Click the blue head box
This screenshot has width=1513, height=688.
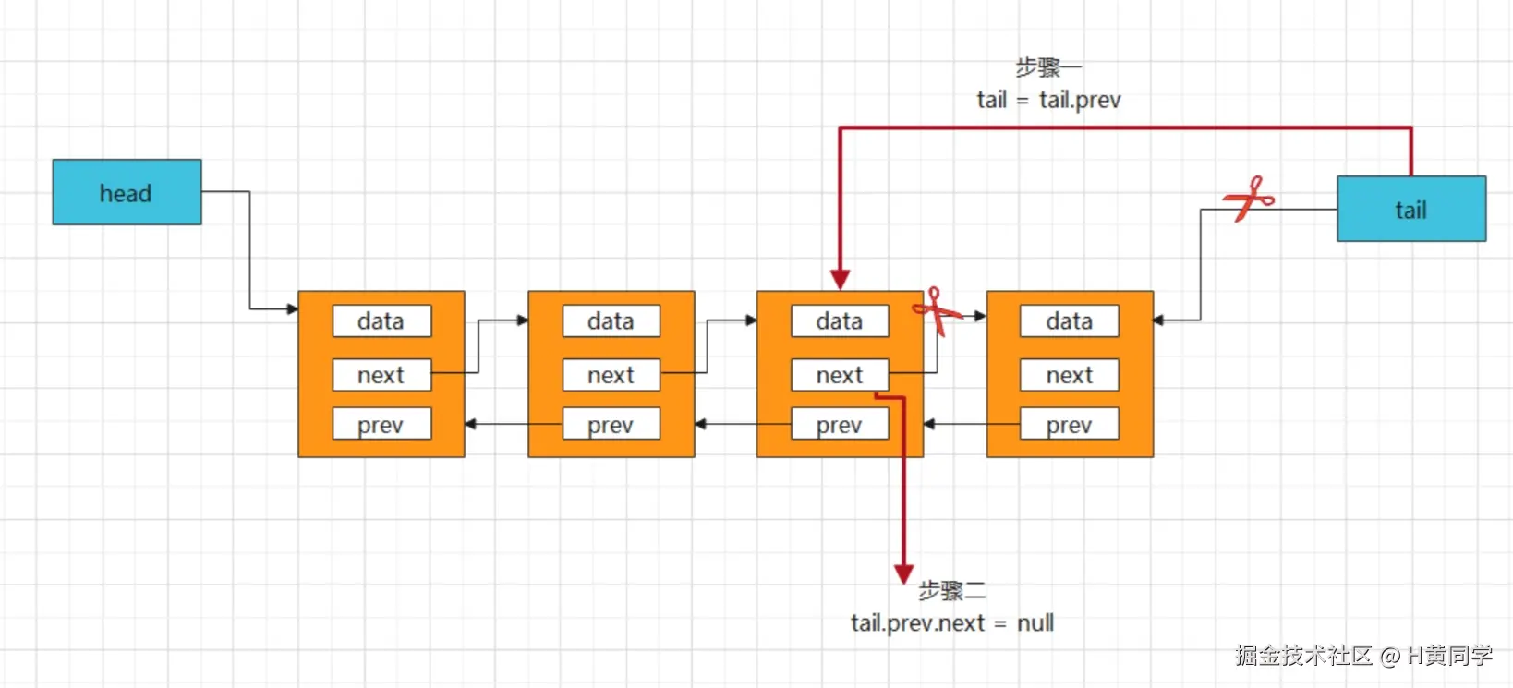[127, 192]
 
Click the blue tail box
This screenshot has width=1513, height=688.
[1410, 210]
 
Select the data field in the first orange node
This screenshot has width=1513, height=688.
[381, 321]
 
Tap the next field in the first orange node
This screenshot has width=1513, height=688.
[381, 375]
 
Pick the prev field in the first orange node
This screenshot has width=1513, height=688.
[381, 425]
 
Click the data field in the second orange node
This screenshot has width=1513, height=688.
[611, 321]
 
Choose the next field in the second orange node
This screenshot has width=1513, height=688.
[611, 375]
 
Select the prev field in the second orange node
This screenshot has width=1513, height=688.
[611, 425]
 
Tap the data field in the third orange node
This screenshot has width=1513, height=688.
[840, 321]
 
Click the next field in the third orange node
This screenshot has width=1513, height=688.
[840, 375]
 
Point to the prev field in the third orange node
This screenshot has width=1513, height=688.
[840, 425]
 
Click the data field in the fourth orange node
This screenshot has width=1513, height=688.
[1069, 321]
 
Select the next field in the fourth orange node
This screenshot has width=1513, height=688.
[1069, 375]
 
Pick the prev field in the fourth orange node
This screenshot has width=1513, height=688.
[1069, 425]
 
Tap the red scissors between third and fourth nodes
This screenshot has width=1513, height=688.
[938, 311]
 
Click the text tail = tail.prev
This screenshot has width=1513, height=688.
[1048, 100]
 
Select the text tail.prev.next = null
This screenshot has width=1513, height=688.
[952, 623]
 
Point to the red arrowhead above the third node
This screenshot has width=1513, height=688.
[840, 279]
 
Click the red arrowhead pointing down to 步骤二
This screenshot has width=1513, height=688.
[904, 573]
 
